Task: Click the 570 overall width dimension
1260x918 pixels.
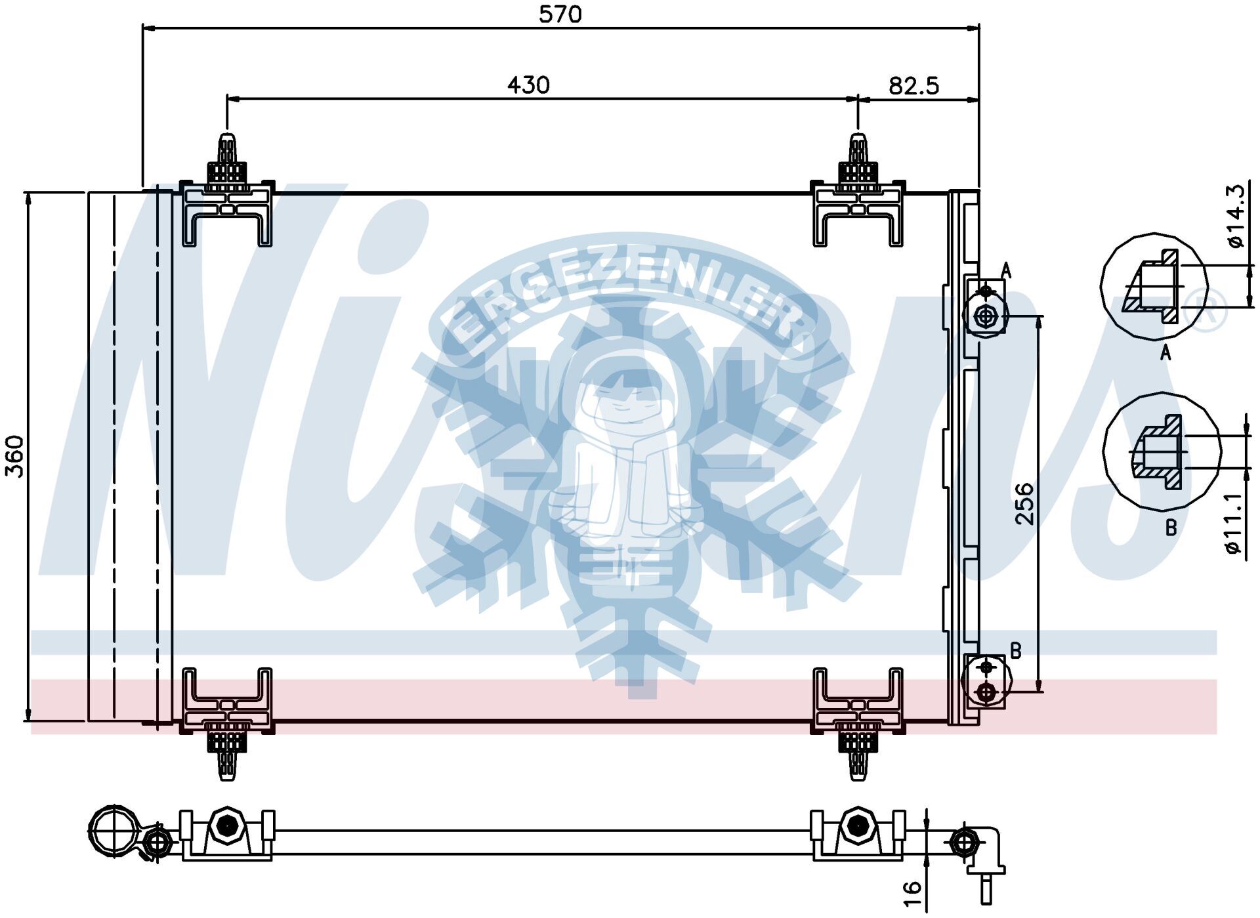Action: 560,14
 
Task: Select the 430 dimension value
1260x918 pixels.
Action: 528,85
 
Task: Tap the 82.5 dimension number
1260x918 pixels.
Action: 913,86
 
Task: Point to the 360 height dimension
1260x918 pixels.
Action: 14,456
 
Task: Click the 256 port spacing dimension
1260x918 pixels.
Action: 1024,503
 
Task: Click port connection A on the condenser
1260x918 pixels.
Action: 985,316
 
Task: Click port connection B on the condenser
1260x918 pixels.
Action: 986,691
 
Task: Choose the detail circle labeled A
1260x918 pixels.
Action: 1154,287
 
